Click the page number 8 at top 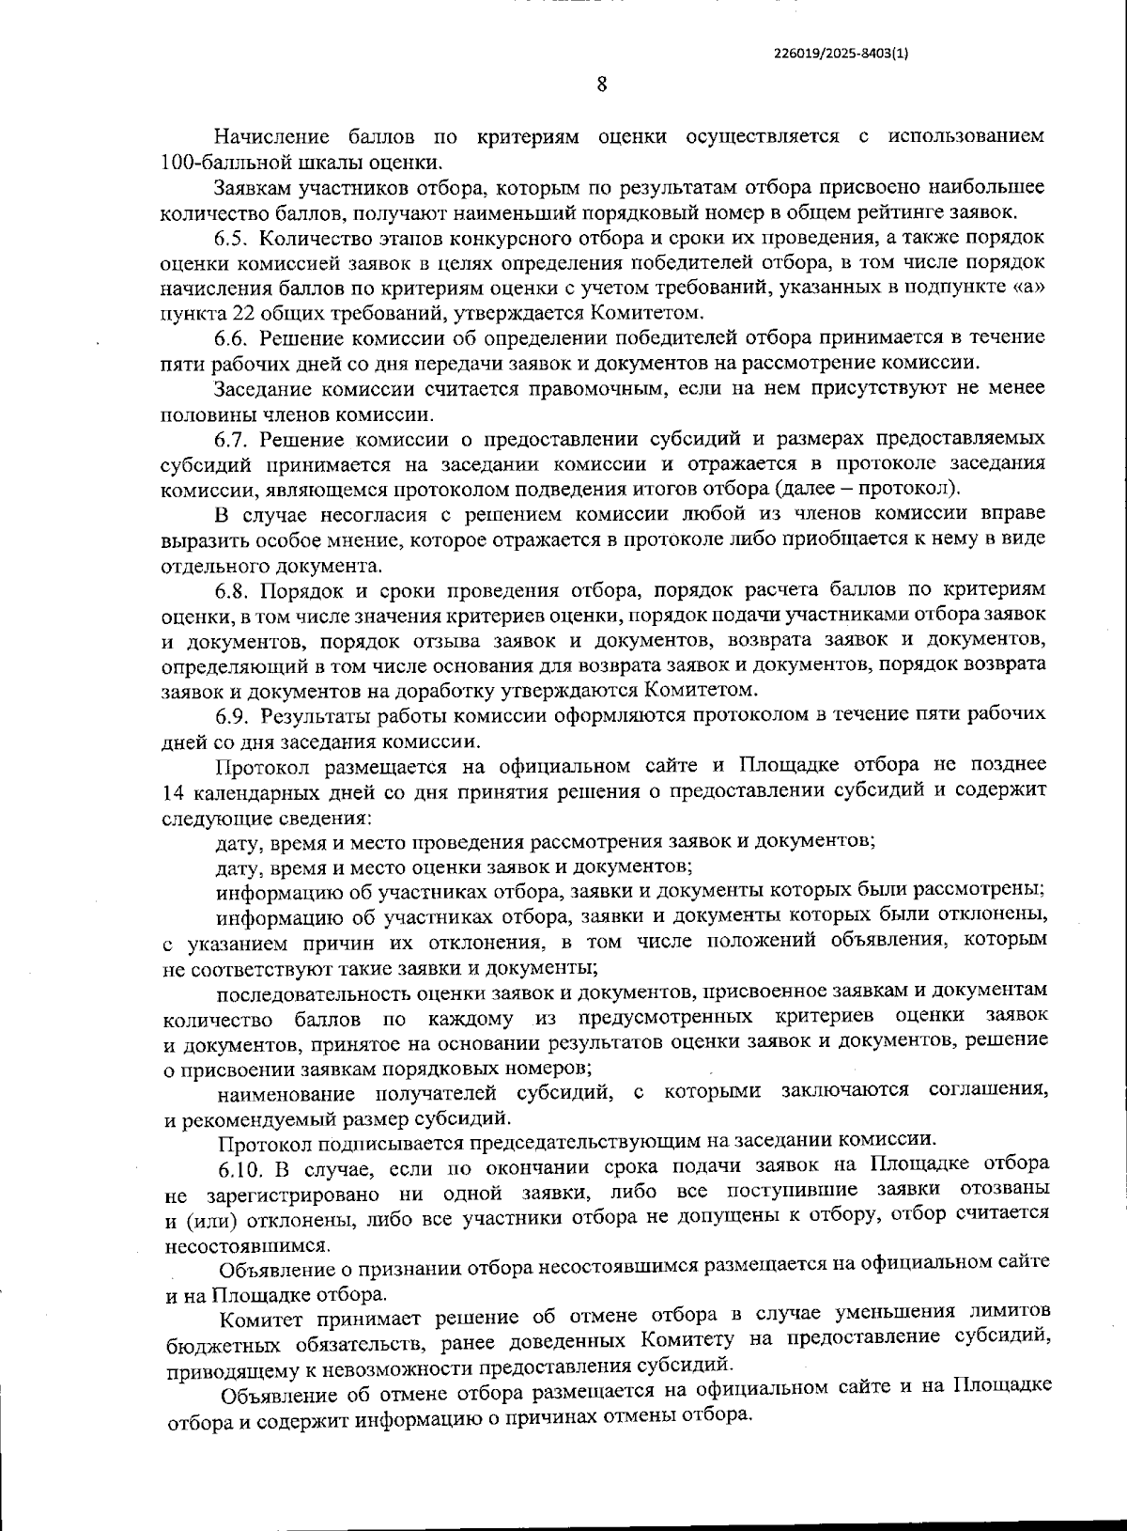point(601,85)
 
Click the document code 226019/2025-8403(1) point(841,54)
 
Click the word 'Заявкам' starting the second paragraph point(252,187)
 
